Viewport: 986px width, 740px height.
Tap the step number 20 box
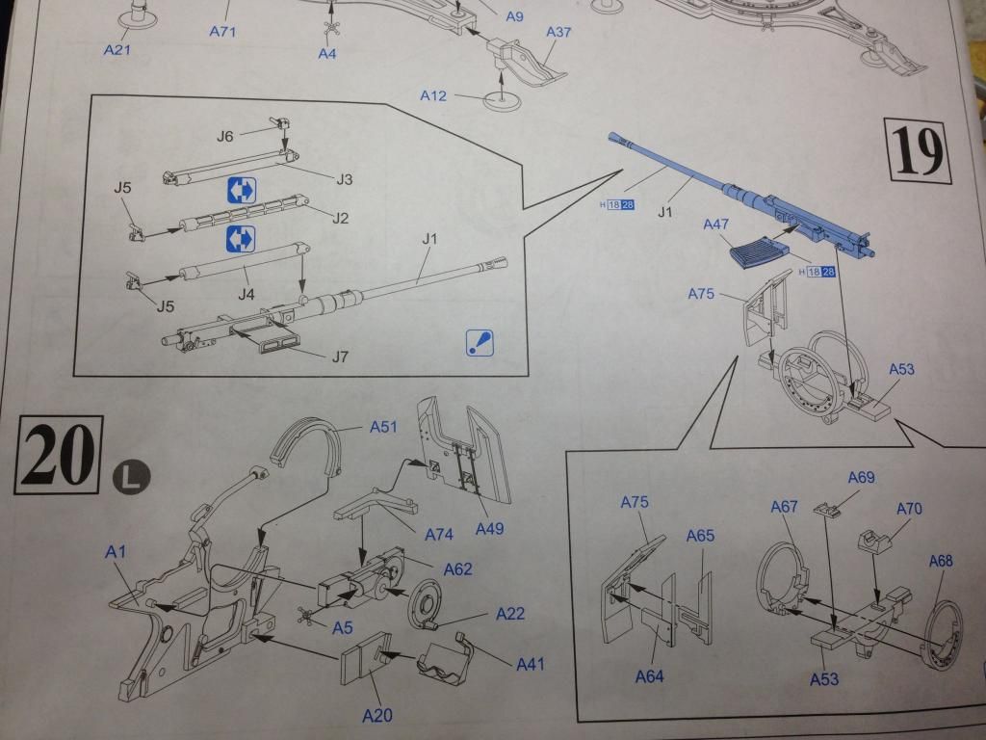(58, 455)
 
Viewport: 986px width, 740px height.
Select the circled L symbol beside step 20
(131, 477)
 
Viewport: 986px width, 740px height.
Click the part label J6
(225, 136)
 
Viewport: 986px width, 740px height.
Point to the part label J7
(340, 357)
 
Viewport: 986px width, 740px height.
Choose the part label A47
(715, 225)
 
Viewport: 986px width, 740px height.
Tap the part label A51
(383, 427)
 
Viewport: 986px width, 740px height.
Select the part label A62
(457, 569)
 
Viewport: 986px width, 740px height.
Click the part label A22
(510, 614)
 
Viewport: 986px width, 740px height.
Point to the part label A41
(531, 664)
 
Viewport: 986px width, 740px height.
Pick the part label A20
(377, 715)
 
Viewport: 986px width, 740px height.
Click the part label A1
(116, 552)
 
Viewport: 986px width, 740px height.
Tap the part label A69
(861, 478)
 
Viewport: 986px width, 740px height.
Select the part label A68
(941, 561)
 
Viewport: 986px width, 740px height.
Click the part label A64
(650, 676)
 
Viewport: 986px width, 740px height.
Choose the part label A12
(433, 95)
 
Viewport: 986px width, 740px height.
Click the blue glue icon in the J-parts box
(480, 343)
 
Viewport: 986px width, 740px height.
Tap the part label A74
(439, 534)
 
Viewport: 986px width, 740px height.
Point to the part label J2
(340, 218)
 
